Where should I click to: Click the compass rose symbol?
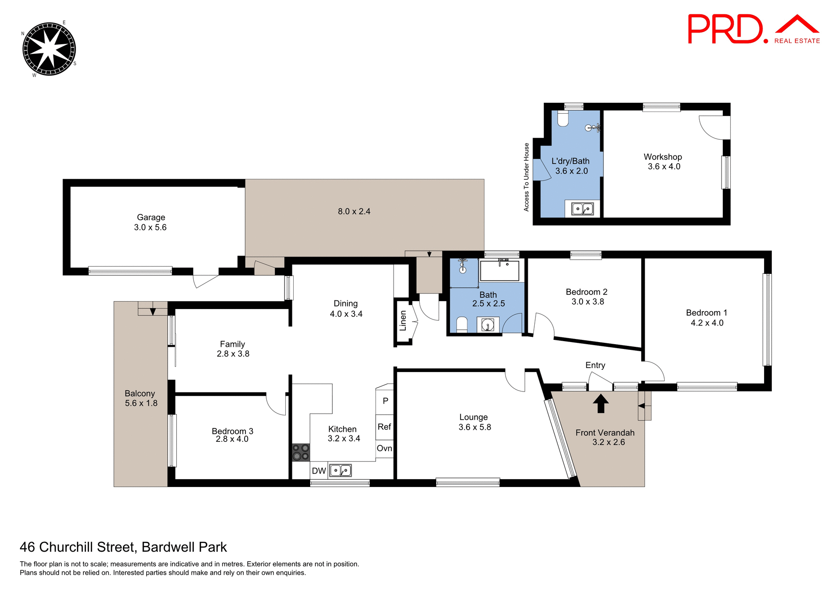(49, 49)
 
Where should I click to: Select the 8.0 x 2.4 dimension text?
(354, 211)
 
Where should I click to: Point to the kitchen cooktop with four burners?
(301, 452)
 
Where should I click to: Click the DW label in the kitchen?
(319, 471)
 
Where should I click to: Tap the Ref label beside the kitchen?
(384, 427)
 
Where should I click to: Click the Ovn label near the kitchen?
(384, 448)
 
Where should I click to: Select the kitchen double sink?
(341, 471)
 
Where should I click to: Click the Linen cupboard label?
(403, 321)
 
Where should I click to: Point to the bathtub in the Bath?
(500, 271)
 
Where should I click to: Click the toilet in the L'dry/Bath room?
(563, 119)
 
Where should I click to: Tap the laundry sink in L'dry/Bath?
(582, 209)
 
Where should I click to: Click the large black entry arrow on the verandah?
(601, 403)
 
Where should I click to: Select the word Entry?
(595, 365)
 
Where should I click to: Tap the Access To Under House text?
(526, 177)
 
